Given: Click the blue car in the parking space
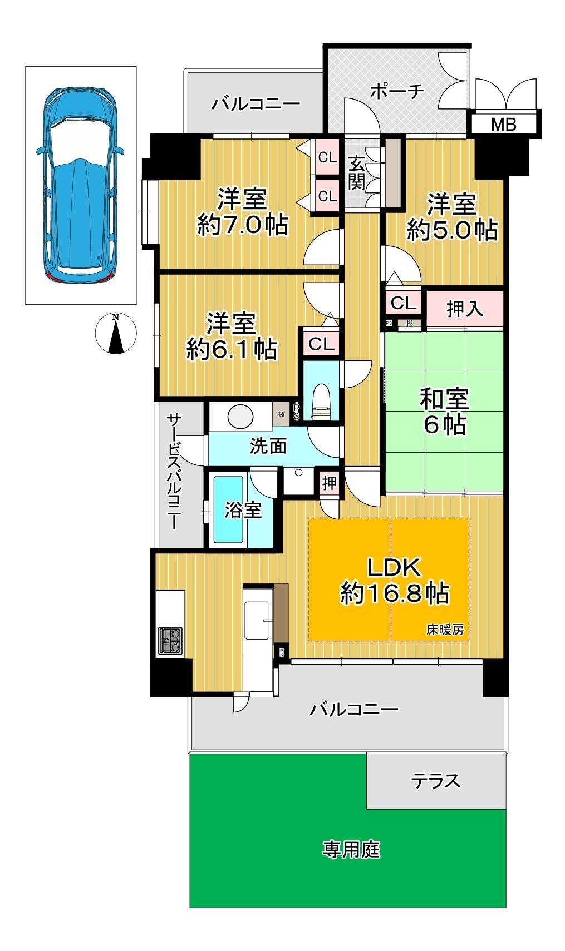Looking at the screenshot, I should [80, 184].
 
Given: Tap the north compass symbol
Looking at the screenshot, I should [116, 333].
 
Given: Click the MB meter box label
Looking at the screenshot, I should [503, 124].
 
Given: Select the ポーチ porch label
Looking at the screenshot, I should [397, 91].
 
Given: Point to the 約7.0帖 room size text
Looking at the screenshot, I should [243, 226].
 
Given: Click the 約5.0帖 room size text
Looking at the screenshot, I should [451, 229].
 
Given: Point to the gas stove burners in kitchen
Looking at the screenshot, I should [170, 640].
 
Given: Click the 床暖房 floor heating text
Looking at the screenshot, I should [445, 630].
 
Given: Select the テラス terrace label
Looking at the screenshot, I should [436, 781].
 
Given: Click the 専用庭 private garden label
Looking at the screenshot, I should [351, 849].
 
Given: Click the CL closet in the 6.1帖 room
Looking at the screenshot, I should [321, 344].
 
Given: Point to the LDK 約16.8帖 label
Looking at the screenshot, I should [394, 581].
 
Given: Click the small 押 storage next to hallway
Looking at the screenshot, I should [330, 483].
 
